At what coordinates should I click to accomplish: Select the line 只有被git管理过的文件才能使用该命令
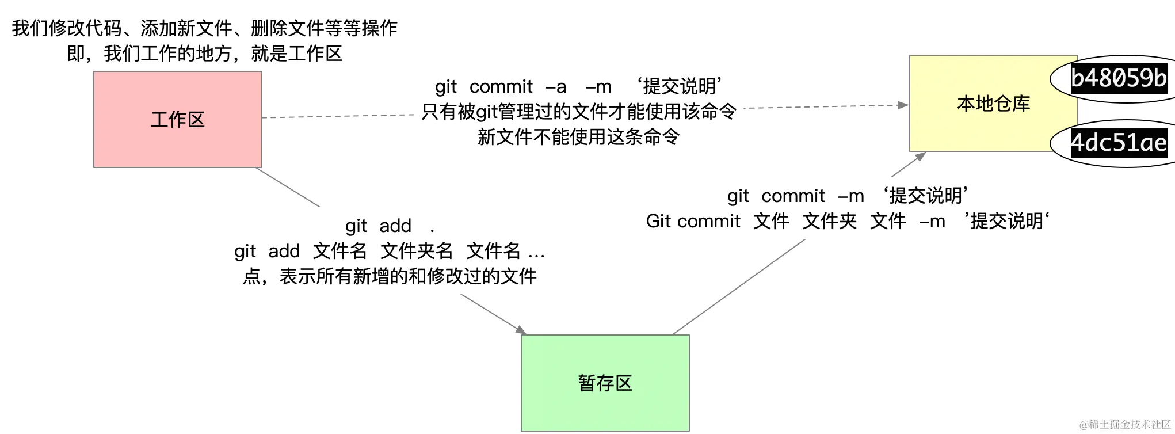point(578,112)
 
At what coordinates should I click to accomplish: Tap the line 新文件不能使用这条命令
point(578,137)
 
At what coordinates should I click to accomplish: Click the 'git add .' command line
point(389,226)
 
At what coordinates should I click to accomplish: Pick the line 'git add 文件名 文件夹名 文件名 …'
point(389,251)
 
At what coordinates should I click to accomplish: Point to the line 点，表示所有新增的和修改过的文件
point(389,276)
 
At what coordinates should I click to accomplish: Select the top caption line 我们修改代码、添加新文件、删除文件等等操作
point(204,28)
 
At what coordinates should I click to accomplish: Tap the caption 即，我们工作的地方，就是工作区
point(204,54)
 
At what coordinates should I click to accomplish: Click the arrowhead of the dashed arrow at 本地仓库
point(903,105)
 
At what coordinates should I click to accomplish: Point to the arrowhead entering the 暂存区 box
point(521,330)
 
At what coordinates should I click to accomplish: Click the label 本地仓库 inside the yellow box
point(993,104)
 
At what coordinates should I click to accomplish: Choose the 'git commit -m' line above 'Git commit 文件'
point(847,196)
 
